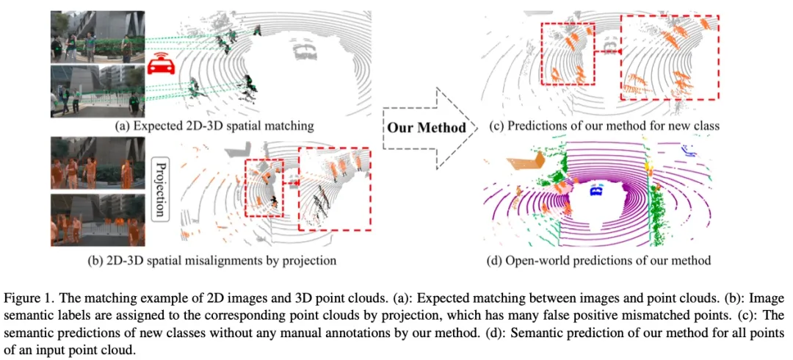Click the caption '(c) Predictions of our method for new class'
pyautogui.click(x=604, y=126)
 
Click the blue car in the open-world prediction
pyautogui.click(x=595, y=193)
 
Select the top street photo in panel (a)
pyautogui.click(x=93, y=37)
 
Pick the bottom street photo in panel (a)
pyautogui.click(x=93, y=91)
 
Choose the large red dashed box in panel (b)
pyautogui.click(x=335, y=189)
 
